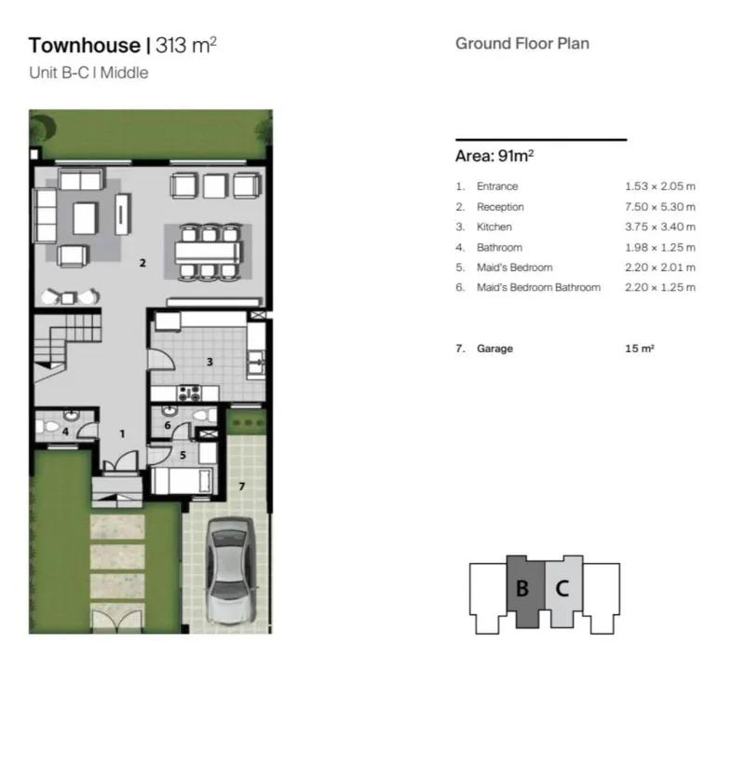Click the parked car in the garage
click(230, 571)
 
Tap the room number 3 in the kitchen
click(210, 362)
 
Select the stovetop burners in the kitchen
click(189, 393)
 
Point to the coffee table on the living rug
click(86, 218)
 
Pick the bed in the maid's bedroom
click(183, 480)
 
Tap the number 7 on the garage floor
click(242, 486)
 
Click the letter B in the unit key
click(522, 588)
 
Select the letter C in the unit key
click(562, 588)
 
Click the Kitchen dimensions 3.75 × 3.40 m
click(660, 226)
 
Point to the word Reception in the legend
click(500, 207)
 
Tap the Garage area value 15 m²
click(640, 349)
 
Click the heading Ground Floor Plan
click(522, 44)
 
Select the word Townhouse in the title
click(85, 46)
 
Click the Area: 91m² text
click(494, 156)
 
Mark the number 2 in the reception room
click(142, 263)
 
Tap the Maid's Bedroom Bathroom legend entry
click(538, 287)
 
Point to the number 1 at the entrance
click(122, 434)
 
